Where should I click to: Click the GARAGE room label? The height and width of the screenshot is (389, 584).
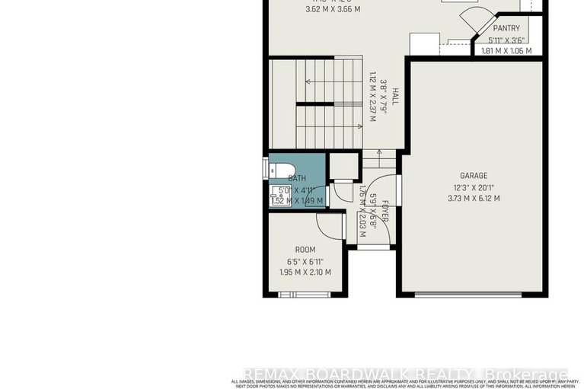pos(473,175)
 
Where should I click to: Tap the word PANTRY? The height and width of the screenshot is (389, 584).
pos(506,28)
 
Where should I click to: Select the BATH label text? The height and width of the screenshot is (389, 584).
pos(296,178)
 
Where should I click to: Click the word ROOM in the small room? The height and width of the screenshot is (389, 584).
pos(305,250)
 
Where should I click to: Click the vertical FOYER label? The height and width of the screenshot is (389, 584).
pos(385,211)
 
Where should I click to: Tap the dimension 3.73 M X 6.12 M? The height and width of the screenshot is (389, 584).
pos(474,199)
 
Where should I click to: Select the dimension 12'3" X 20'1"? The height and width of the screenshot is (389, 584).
pos(474,187)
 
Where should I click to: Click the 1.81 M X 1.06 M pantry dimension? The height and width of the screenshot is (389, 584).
pos(506,51)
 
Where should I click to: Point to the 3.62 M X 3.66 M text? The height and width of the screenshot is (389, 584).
pos(311,9)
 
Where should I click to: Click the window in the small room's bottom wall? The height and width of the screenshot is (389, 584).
pos(300,294)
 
